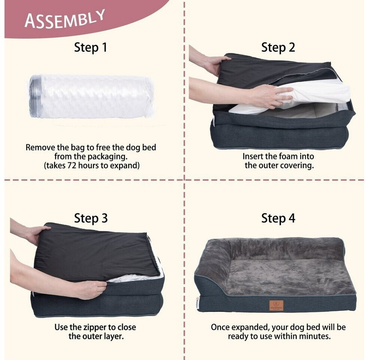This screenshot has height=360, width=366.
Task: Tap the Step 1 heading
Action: point(91,48)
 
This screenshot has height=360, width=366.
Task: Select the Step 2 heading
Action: point(278,48)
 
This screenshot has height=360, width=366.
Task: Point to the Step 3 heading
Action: point(91,218)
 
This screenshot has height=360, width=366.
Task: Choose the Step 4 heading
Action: point(278,218)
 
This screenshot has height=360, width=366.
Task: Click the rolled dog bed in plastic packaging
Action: point(91,96)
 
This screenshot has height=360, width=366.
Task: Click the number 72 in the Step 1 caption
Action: point(72,166)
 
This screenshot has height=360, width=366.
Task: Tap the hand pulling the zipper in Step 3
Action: point(91,289)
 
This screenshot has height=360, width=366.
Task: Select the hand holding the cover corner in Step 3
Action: point(37,234)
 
